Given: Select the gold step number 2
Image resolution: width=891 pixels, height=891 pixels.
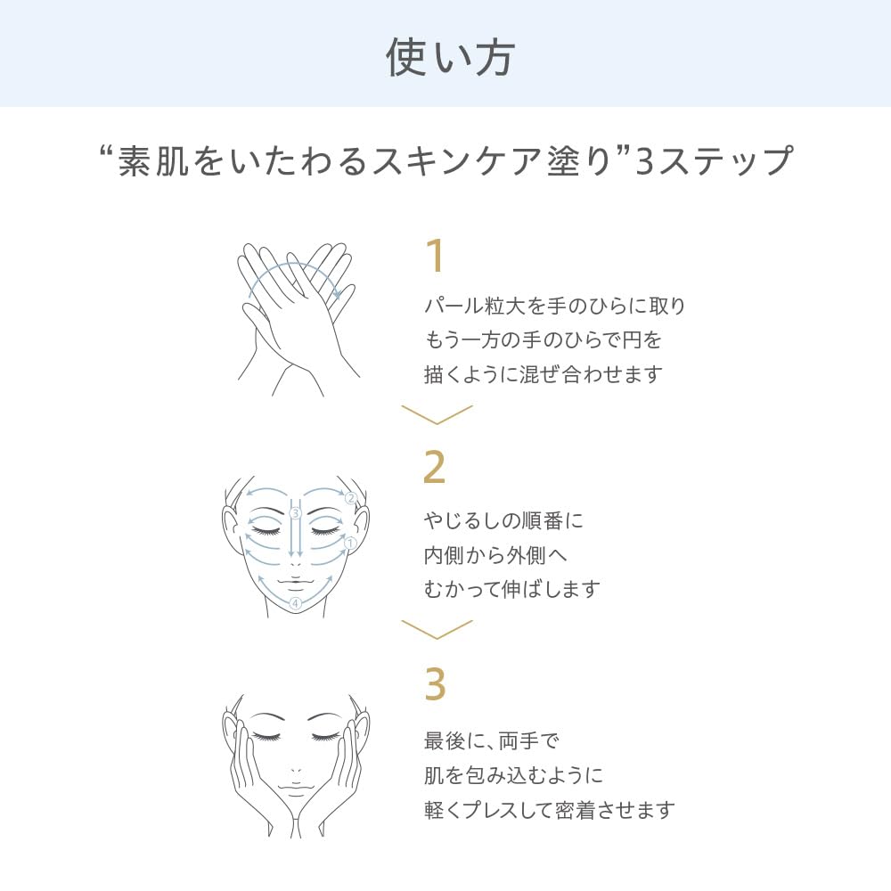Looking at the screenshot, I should [x=434, y=467].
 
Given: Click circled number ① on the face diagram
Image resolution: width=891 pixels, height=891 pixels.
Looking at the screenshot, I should [x=350, y=543].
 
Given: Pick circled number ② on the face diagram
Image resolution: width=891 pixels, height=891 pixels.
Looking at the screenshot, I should [x=350, y=498].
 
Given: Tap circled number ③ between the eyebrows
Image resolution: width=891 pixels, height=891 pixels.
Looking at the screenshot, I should [x=295, y=513].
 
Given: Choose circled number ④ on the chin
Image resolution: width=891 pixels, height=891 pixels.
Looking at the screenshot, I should [x=295, y=603].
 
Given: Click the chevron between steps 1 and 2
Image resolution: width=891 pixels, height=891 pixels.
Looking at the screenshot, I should [x=437, y=413].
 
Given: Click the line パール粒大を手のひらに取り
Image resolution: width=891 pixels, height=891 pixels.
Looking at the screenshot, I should [x=554, y=307].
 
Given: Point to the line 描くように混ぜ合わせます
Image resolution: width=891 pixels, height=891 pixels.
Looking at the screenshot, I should [x=544, y=374].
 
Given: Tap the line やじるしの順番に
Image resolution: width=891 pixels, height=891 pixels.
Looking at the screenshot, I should [x=503, y=520].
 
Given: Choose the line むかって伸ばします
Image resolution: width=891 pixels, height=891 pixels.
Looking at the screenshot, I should [x=511, y=589].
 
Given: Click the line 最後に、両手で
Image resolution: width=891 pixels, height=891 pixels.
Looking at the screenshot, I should [x=490, y=740].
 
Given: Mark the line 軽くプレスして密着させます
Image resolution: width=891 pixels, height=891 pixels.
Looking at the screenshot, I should [x=549, y=810].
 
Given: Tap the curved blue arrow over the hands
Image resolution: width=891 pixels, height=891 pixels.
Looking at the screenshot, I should [x=294, y=272].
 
